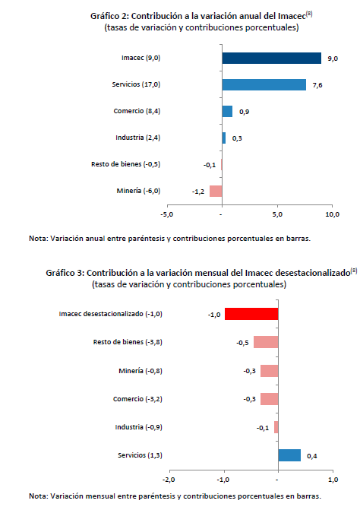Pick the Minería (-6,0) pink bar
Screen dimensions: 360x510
pyautogui.click(x=216, y=191)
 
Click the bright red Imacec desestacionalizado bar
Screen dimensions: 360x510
pyautogui.click(x=251, y=314)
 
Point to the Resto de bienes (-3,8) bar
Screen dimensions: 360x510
pyautogui.click(x=266, y=342)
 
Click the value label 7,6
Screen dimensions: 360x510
pyautogui.click(x=317, y=85)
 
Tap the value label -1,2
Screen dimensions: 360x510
pyautogui.click(x=198, y=192)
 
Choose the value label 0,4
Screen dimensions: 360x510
pyautogui.click(x=312, y=456)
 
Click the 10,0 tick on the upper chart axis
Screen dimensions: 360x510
pyautogui.click(x=333, y=214)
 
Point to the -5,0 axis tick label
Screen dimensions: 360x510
pyautogui.click(x=166, y=214)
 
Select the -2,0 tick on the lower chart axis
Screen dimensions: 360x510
pyautogui.click(x=169, y=480)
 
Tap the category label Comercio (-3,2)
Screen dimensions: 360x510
pyautogui.click(x=137, y=399)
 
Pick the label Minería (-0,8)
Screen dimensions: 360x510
pyautogui.click(x=141, y=371)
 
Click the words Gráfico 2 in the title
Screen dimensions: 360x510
pyautogui.click(x=109, y=16)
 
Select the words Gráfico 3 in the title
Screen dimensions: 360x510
pyautogui.click(x=65, y=273)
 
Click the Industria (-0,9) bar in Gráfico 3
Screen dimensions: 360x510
pyautogui.click(x=276, y=427)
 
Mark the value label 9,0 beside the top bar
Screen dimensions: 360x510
pyautogui.click(x=333, y=59)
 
